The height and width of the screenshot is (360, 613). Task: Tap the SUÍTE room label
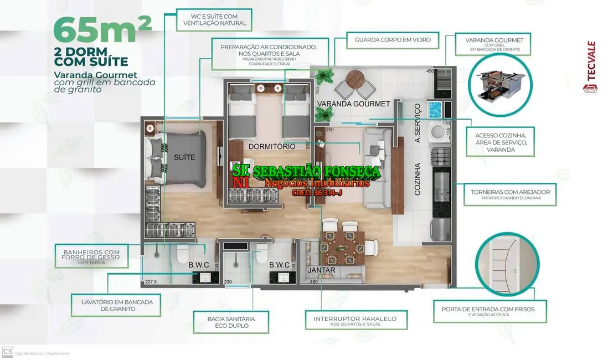[x=184, y=157]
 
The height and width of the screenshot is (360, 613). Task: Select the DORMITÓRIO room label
[x=272, y=147]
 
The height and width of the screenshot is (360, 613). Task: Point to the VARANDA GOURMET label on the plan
[x=353, y=104]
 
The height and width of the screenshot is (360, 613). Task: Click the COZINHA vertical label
[x=418, y=178]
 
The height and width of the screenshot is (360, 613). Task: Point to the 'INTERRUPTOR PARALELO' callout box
[x=355, y=321]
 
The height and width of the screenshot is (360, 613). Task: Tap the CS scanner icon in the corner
[x=7, y=352]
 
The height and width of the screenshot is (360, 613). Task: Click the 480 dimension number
[x=313, y=282]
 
